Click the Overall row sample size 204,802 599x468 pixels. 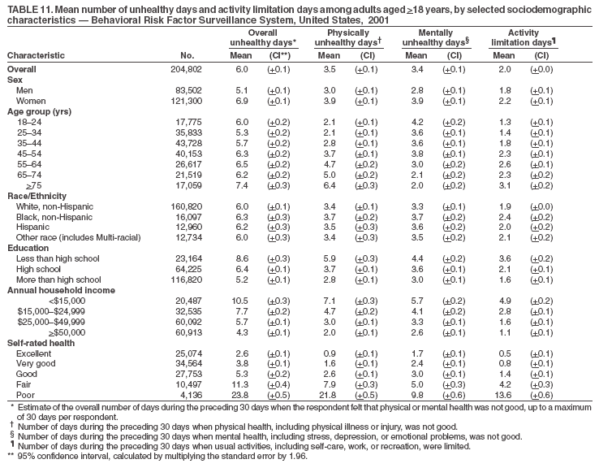pyautogui.click(x=197, y=70)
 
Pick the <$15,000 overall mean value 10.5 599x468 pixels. pyautogui.click(x=239, y=299)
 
